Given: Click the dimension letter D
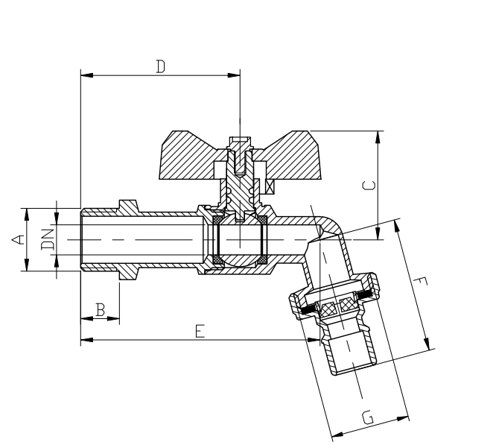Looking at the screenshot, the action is [x=161, y=66].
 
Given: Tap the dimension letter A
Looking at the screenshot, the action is [x=18, y=239].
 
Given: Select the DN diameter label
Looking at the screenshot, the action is [x=48, y=239].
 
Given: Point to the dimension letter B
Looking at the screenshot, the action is [x=101, y=310].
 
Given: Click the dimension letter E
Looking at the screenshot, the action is [x=200, y=331].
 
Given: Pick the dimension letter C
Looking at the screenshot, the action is [x=369, y=186].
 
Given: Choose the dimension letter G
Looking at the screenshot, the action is [x=368, y=417].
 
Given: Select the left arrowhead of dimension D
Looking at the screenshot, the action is [x=87, y=75].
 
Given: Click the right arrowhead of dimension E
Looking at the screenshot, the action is [x=314, y=340].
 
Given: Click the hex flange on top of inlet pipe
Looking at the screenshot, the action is [x=128, y=206].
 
